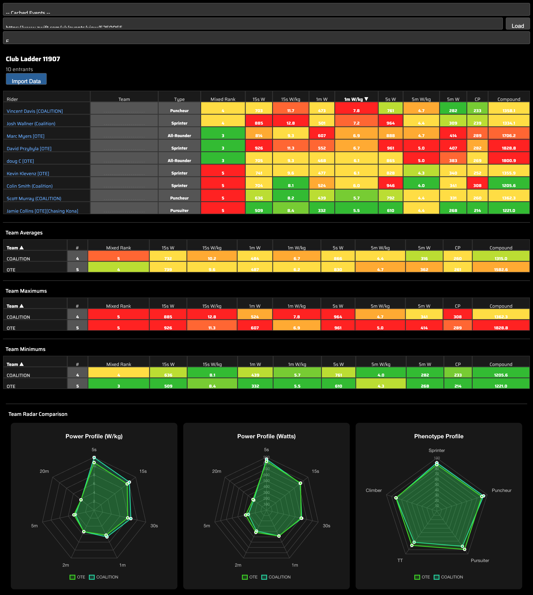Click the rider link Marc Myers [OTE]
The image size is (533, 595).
25,136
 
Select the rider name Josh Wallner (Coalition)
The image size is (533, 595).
31,124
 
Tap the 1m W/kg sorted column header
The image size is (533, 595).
356,99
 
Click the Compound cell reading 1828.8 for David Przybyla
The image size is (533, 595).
509,148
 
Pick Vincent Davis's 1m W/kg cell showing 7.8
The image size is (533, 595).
356,111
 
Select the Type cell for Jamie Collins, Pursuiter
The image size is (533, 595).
179,210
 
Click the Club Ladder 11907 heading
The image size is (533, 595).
33,59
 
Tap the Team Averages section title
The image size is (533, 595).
24,233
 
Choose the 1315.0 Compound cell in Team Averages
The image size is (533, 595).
501,258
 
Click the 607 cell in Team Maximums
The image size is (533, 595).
255,328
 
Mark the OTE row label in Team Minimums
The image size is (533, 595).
11,386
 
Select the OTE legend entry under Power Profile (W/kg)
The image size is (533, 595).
78,577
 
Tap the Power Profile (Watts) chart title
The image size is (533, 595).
266,436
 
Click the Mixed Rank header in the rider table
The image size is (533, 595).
223,99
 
